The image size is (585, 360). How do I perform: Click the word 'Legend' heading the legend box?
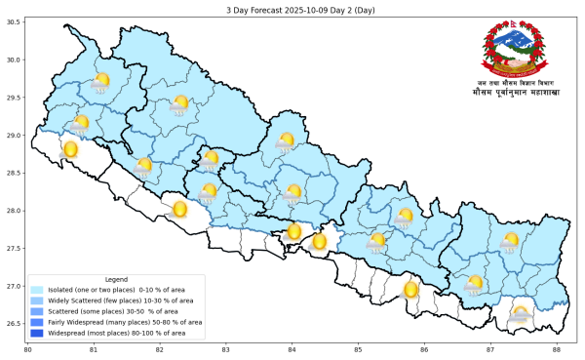coord(116,280)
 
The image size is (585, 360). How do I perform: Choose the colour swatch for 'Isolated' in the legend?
coord(37,290)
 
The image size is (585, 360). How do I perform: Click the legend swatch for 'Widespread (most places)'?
coord(37,333)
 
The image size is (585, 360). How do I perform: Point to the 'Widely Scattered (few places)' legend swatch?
coord(37,300)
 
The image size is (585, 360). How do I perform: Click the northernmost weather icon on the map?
coord(100,82)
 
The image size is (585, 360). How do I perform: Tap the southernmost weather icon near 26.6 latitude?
coord(521,314)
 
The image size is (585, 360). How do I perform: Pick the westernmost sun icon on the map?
coord(69,149)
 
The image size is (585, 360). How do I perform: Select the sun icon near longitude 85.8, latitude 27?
coord(410,290)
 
